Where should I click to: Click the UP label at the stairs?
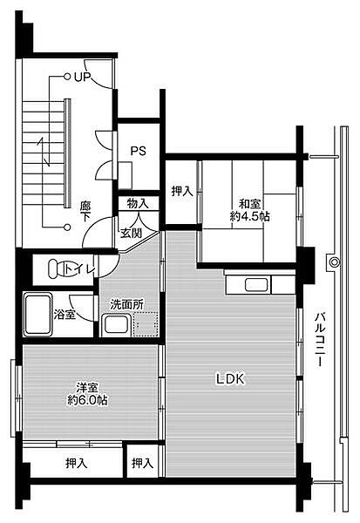coord(82,77)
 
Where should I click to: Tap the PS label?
coord(138,151)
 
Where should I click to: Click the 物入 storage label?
coord(138,203)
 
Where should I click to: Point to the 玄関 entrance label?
coord(132,233)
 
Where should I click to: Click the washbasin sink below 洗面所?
coord(115,326)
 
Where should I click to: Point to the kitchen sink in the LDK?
coord(255,284)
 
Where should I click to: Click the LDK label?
coord(231,378)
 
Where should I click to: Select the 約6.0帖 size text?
coord(91,401)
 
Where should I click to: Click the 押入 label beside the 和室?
coord(182,192)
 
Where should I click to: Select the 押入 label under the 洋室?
coord(76,463)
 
